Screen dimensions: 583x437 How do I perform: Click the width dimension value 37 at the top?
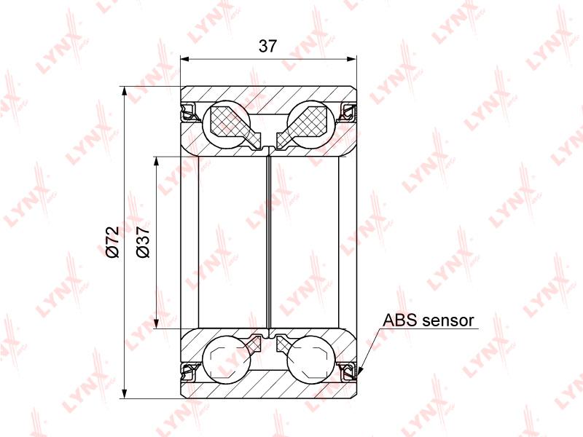pyautogui.click(x=267, y=46)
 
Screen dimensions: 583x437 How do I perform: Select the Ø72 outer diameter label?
pyautogui.click(x=113, y=242)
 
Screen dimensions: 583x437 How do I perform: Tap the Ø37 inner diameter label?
pyautogui.click(x=143, y=242)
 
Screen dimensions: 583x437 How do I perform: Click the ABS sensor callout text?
pyautogui.click(x=429, y=320)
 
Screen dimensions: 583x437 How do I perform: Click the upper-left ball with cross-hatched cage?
pyautogui.click(x=227, y=124)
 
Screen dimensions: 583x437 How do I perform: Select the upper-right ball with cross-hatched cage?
pyautogui.click(x=311, y=124)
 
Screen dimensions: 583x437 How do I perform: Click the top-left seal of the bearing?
pyautogui.click(x=189, y=112)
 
